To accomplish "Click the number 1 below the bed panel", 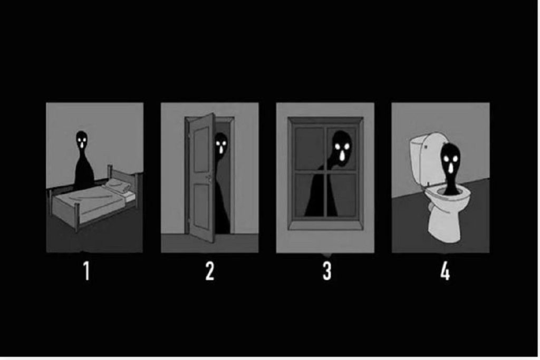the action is [x=87, y=271].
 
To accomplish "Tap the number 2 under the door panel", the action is [x=210, y=271].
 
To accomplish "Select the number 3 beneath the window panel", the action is [x=327, y=271].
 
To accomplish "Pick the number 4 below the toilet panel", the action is [x=445, y=271].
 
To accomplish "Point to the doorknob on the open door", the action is [x=209, y=178].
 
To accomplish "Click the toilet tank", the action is [x=425, y=158].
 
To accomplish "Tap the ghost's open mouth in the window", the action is [x=342, y=156].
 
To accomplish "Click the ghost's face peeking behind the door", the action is [x=220, y=143].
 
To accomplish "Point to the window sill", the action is [x=325, y=226].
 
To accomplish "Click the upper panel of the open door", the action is [x=201, y=149].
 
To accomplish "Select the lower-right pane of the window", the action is [x=342, y=195].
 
